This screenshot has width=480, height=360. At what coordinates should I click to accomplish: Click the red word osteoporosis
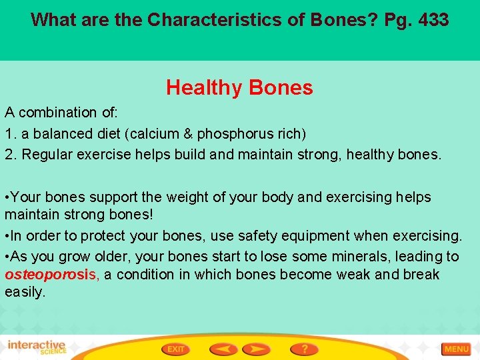click(x=51, y=275)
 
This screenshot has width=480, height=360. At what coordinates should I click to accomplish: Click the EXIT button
click(x=175, y=349)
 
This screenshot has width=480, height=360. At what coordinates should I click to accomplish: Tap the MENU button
click(x=456, y=349)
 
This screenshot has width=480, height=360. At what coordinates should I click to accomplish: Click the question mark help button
click(x=304, y=349)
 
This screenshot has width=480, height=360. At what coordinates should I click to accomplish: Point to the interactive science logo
click(x=37, y=347)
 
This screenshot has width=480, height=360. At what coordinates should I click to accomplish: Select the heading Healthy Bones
click(x=239, y=87)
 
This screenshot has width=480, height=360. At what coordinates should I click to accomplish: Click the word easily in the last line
click(x=24, y=291)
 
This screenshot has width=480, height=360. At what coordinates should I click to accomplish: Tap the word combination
click(x=55, y=112)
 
